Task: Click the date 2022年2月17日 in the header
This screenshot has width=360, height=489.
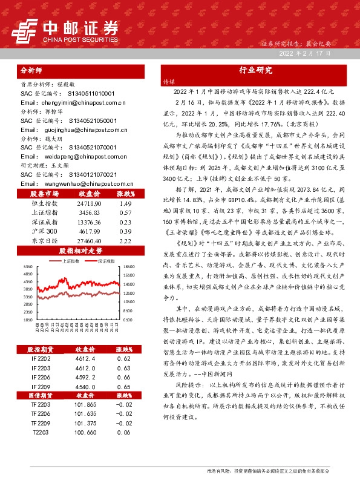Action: [305, 54]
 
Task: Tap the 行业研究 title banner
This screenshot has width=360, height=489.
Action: [255, 70]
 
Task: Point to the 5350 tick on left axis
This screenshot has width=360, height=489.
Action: [27, 267]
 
